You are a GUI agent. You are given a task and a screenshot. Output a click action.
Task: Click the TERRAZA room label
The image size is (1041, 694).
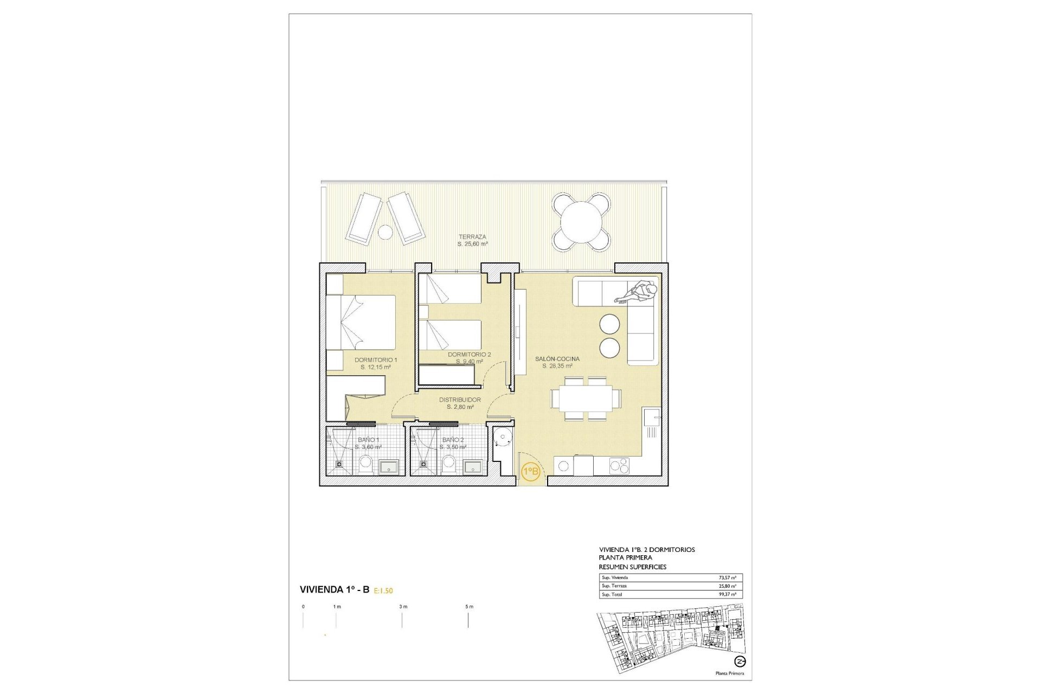tap(472, 237)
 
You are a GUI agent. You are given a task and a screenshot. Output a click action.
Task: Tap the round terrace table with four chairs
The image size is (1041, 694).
tap(581, 222)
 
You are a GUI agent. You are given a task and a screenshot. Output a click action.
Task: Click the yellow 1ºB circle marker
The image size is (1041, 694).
tap(530, 471)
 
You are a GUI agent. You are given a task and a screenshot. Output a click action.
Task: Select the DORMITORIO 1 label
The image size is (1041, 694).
tap(376, 360)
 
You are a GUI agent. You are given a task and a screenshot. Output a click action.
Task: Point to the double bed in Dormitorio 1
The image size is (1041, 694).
tap(361, 322)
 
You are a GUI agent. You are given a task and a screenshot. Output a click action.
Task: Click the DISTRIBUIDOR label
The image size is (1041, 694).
tap(460, 400)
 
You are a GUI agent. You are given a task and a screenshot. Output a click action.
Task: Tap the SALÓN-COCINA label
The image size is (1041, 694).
tap(557, 359)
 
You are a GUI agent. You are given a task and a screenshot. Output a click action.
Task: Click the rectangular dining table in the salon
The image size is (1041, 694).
tap(586, 399)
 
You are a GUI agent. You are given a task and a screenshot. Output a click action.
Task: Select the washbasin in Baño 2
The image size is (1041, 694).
tap(473, 467)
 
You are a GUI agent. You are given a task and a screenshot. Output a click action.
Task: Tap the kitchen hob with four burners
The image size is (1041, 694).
tap(619, 465)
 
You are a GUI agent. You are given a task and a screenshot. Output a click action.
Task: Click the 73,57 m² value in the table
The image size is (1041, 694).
tap(727, 578)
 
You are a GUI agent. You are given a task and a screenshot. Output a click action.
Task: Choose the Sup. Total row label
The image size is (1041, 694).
tap(612, 595)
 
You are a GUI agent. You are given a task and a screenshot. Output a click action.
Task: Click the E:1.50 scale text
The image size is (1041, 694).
tap(383, 591)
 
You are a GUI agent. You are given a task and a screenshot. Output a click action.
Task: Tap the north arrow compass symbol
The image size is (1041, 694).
tap(740, 661)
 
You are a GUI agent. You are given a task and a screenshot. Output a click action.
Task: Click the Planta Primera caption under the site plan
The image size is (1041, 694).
tap(729, 673)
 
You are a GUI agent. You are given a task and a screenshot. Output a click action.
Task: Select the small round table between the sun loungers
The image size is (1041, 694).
tap(385, 232)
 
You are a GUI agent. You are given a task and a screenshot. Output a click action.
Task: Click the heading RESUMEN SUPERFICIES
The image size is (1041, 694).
tap(632, 567)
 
